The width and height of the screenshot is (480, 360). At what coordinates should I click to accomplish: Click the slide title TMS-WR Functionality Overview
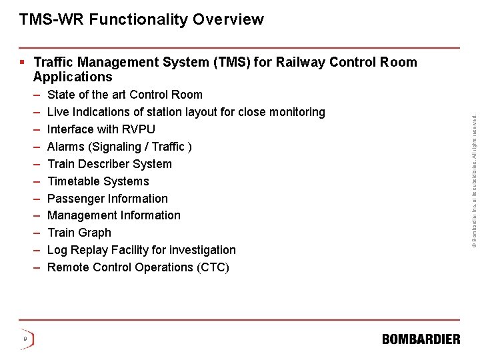141,19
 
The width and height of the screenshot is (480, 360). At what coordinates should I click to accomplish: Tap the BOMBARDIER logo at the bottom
421,339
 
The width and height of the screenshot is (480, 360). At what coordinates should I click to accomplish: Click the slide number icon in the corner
25,339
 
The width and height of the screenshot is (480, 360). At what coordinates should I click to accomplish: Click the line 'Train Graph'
79,233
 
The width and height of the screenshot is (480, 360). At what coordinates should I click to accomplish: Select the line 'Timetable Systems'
98,181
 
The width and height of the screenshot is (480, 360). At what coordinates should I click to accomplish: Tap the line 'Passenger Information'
107,199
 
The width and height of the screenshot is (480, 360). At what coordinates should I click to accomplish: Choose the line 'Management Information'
113,215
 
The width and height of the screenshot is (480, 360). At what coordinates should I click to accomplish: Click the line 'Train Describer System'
109,164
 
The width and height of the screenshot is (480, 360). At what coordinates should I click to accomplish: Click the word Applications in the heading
73,77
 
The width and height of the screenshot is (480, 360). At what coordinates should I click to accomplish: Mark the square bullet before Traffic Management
23,63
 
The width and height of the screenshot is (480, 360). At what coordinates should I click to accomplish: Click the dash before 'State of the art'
37,95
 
